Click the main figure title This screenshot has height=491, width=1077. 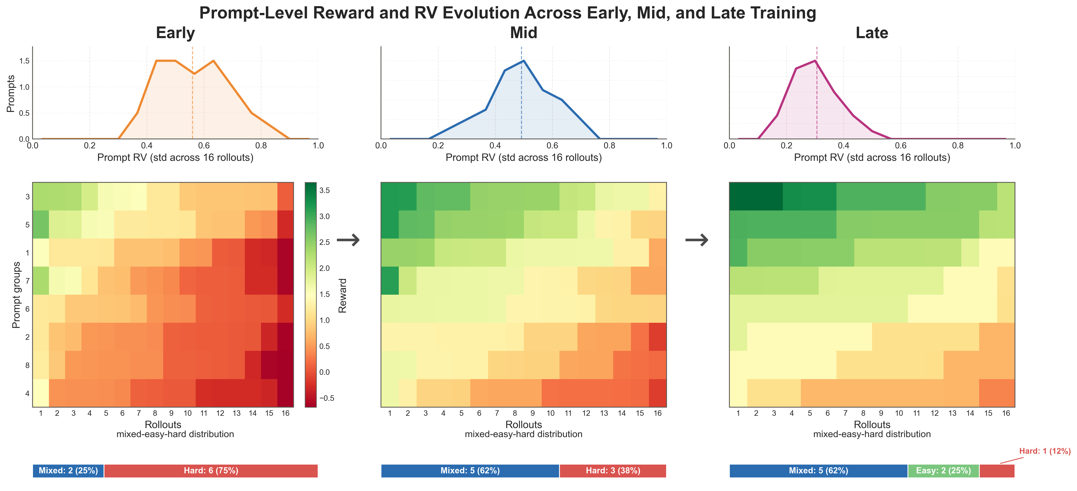coord(507,13)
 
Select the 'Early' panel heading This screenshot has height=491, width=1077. coord(175,33)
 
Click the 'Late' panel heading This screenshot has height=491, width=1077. coord(872,33)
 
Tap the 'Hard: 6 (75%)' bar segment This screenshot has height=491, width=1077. coord(211,471)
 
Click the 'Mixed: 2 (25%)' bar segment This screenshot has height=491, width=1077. coord(68,471)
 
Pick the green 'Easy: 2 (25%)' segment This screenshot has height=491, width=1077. coord(943,471)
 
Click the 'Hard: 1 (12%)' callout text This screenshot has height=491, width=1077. coord(1044,451)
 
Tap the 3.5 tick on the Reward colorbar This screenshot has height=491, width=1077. coord(324,190)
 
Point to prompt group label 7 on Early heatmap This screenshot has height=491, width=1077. coord(28,281)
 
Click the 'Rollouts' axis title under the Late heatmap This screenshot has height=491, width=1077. coord(872,424)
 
